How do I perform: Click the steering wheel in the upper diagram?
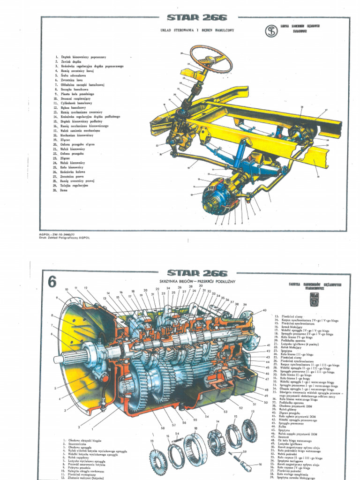[210, 59]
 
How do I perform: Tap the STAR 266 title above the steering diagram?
[196, 18]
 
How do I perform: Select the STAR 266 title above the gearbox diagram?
[197, 273]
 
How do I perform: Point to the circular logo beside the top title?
[271, 32]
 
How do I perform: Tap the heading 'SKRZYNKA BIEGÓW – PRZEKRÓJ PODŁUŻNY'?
[197, 280]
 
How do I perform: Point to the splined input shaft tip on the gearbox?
[59, 359]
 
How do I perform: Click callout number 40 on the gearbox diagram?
[264, 310]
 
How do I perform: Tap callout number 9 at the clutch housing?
[57, 298]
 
